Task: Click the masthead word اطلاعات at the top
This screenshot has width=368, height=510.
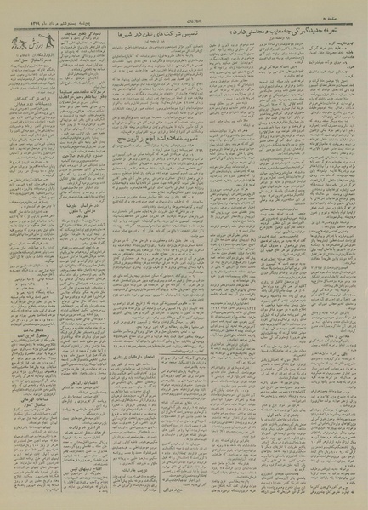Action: click(x=184, y=5)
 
